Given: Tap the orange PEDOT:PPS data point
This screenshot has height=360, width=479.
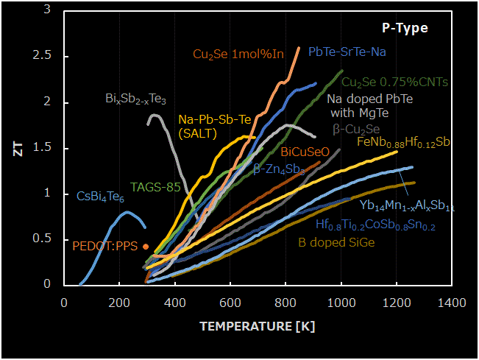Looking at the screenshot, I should [x=146, y=247].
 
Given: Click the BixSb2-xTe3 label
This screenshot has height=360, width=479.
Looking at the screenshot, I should [x=135, y=99].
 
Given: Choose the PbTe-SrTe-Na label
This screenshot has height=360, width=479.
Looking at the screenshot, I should [x=347, y=52].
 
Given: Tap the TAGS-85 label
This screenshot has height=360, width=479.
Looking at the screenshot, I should [x=155, y=187].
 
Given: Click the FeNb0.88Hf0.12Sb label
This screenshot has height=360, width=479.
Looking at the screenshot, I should [x=404, y=142].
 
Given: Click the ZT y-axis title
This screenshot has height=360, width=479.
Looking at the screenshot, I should [x=29, y=146].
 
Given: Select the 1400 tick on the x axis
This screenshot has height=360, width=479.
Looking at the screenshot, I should [x=451, y=302].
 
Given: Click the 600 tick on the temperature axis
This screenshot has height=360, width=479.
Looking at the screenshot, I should [x=230, y=302].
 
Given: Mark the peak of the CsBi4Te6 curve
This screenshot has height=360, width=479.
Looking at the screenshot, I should [x=128, y=212].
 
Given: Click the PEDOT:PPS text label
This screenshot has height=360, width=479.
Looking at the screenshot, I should [x=104, y=246].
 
